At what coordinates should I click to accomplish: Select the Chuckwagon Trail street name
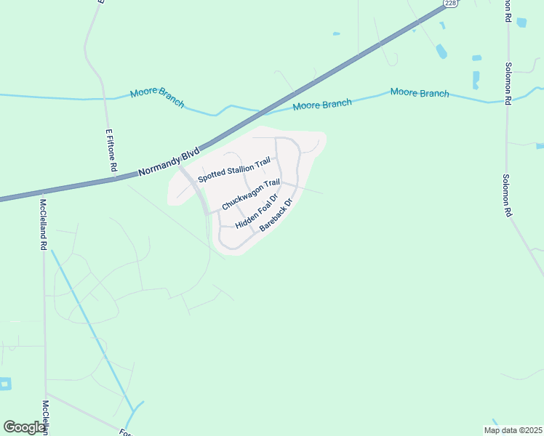click(x=251, y=195)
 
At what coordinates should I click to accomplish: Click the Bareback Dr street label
click(x=276, y=216)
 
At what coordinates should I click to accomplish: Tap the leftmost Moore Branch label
click(x=157, y=98)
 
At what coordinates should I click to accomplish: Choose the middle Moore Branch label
click(x=322, y=105)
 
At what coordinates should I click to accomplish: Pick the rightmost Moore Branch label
click(x=420, y=93)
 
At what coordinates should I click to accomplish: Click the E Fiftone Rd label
click(x=111, y=150)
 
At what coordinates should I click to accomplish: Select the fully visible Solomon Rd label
click(x=507, y=195)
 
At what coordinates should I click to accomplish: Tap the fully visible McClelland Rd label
click(x=44, y=225)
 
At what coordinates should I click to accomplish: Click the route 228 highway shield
click(x=452, y=4)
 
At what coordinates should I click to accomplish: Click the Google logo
click(x=25, y=427)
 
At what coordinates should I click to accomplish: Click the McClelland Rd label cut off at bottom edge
click(x=45, y=417)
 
